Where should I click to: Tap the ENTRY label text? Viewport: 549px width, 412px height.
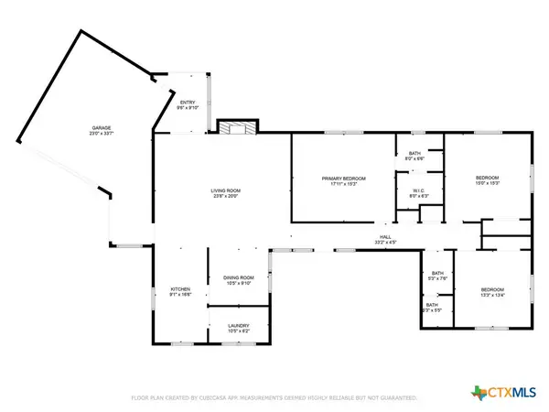187,102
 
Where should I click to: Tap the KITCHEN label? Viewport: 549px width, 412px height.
179,290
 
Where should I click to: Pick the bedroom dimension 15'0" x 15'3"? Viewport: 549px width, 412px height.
487,183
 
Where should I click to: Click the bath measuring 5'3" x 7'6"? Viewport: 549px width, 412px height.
437,278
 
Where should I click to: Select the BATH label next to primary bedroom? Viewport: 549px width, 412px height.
415,154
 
